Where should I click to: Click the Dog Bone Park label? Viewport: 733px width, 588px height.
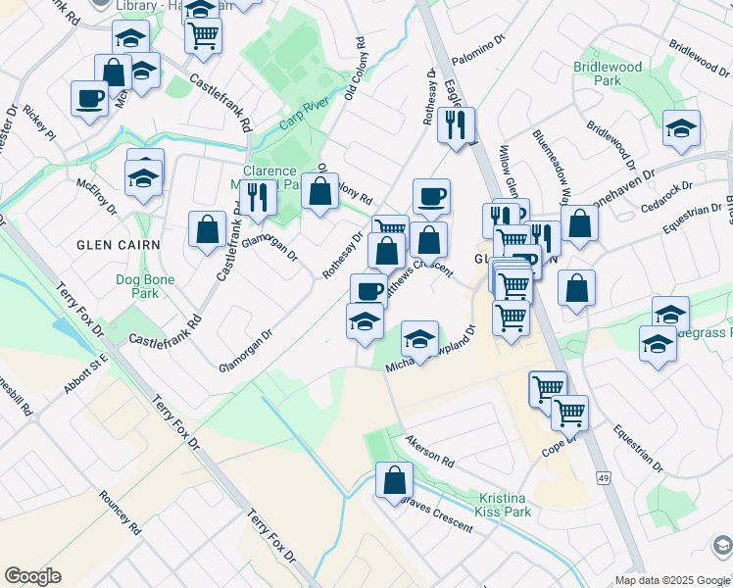pos(144,286)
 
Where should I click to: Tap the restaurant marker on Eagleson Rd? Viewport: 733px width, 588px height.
pos(456,124)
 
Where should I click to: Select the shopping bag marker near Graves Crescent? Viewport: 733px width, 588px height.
pos(394,480)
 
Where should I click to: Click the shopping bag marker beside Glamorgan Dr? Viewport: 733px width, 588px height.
pos(208,230)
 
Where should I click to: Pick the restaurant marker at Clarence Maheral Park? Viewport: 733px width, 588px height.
pos(258,197)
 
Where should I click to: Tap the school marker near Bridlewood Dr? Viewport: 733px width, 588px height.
pos(681,127)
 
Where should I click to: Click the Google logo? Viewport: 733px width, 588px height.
pos(32,576)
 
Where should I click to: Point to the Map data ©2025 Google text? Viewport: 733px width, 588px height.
pos(671,579)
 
